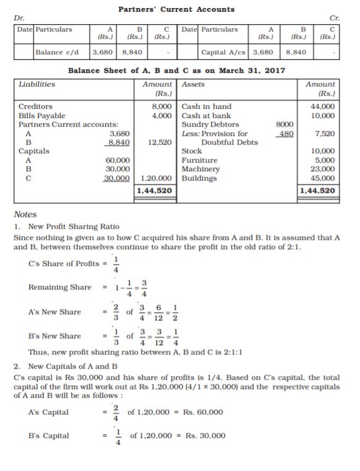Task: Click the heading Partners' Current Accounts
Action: click(x=176, y=9)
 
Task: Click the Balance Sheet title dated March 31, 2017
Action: click(x=176, y=70)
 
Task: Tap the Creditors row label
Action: click(x=35, y=106)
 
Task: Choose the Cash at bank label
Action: click(x=206, y=116)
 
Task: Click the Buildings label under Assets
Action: click(x=199, y=178)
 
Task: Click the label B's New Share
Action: click(x=55, y=336)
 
